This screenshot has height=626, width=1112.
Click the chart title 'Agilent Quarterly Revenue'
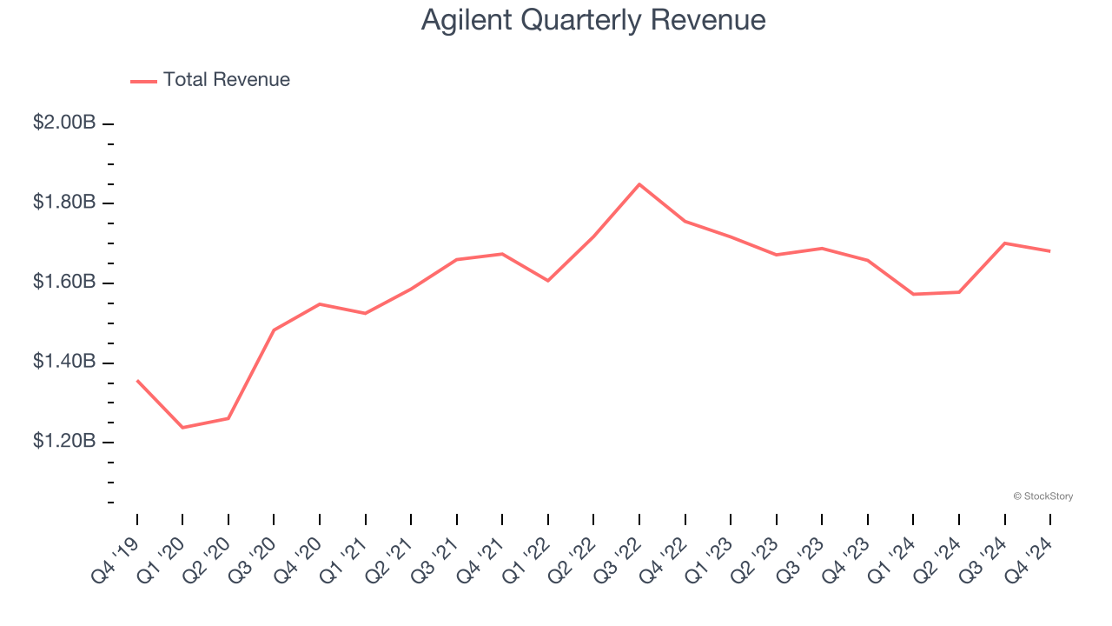[x=593, y=20]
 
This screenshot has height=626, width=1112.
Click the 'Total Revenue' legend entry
[x=226, y=80]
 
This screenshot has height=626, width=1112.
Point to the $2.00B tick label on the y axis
[x=64, y=123]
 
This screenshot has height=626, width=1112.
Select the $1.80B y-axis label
[x=64, y=203]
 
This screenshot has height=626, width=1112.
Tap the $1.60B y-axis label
[x=64, y=283]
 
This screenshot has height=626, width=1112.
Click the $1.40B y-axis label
[x=64, y=362]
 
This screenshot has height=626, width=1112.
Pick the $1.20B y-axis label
[x=64, y=442]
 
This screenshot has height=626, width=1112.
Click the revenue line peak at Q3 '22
[x=639, y=184]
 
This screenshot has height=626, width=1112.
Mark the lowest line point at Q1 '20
[x=182, y=428]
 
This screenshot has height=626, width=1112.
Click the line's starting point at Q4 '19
[x=137, y=380]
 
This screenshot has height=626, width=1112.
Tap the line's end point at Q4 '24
[x=1050, y=251]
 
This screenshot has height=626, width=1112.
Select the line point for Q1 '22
[x=548, y=281]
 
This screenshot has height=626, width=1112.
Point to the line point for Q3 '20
[x=274, y=330]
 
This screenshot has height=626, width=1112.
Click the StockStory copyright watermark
[x=1043, y=496]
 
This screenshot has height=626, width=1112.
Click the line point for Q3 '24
[x=1005, y=243]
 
